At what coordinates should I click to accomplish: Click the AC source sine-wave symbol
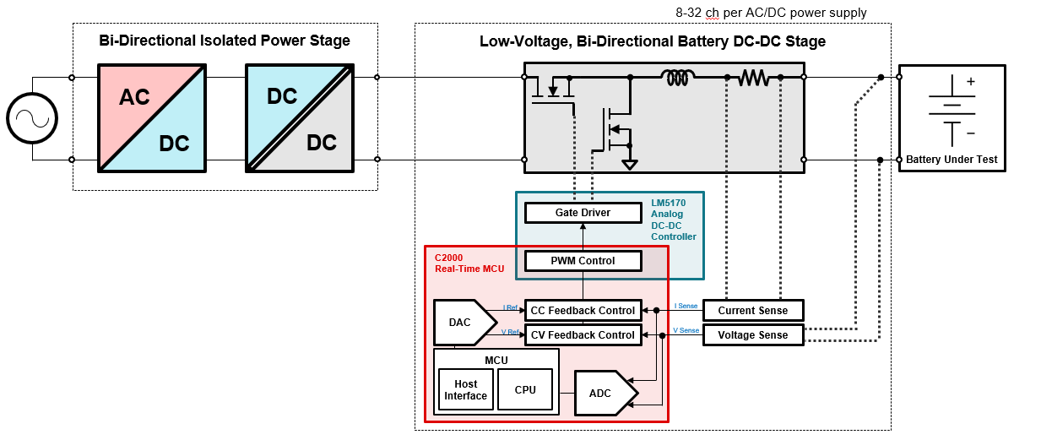point(32,118)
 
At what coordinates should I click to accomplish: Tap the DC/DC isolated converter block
point(299,118)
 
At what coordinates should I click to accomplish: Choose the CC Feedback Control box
point(582,311)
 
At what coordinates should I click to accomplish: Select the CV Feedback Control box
point(582,335)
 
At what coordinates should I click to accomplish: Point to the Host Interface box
point(465,390)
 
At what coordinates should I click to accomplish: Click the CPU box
point(524,390)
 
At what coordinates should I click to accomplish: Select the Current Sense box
point(752,311)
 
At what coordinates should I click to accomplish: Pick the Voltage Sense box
point(752,335)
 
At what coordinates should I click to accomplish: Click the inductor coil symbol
point(679,79)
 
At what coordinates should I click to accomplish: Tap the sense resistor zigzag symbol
point(754,79)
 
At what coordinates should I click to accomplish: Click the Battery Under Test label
point(952,160)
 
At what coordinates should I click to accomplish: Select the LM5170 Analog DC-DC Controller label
point(673,220)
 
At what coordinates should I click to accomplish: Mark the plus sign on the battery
point(970,82)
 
